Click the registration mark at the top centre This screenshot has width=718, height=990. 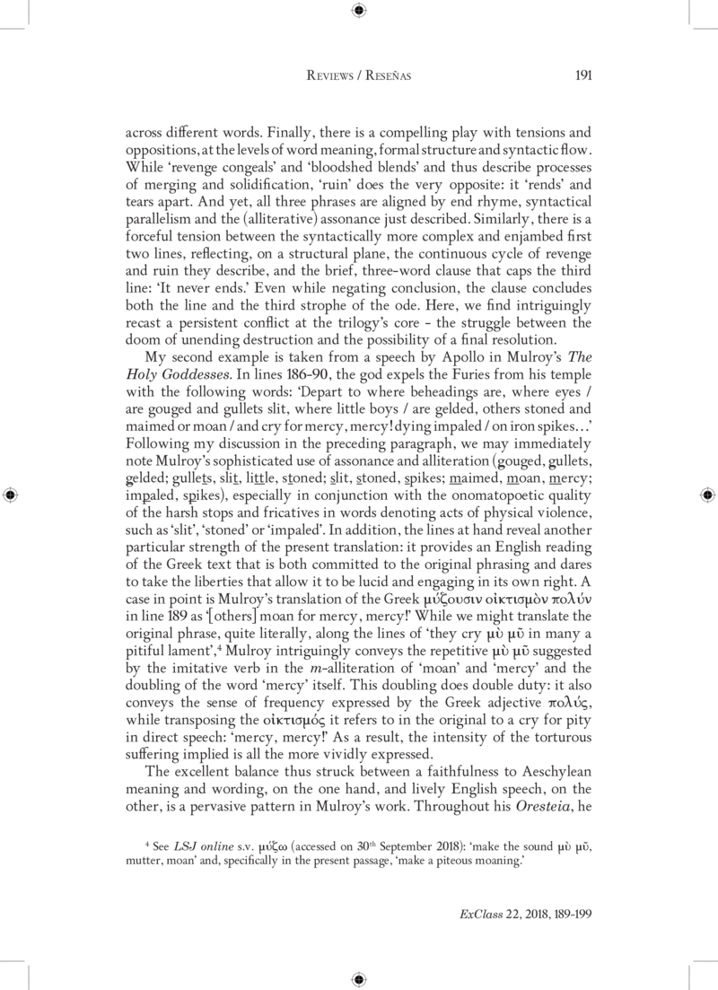pos(359,11)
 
